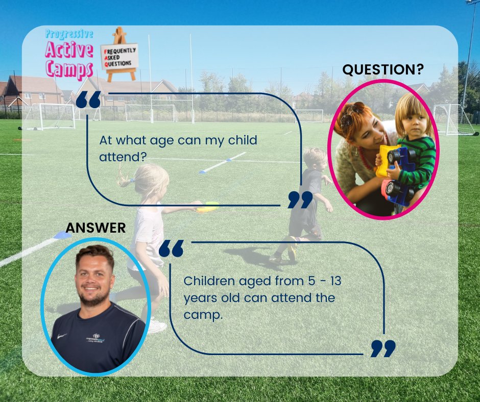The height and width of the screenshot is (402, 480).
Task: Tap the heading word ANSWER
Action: (x=95, y=228)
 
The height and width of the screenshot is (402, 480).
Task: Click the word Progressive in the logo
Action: (x=69, y=35)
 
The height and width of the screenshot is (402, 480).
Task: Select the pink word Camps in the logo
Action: (x=66, y=68)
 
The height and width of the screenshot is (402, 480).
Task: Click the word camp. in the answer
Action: (x=203, y=315)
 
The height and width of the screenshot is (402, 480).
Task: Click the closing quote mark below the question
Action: (x=300, y=200)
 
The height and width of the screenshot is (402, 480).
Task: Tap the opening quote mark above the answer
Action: (x=171, y=249)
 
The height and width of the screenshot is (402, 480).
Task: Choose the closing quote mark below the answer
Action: (x=382, y=348)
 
